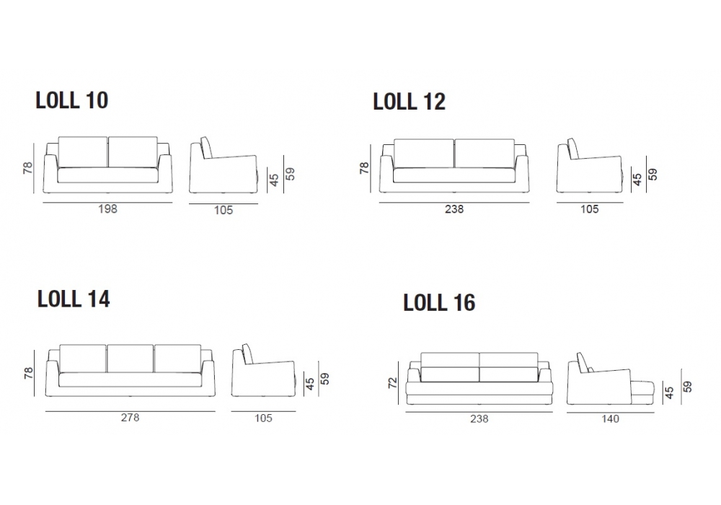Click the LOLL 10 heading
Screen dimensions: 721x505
click(x=71, y=100)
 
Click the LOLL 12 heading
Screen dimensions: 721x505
click(x=410, y=102)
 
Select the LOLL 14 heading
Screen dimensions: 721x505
click(x=74, y=299)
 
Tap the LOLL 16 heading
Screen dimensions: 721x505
click(x=439, y=302)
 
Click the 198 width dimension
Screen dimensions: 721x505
click(x=107, y=208)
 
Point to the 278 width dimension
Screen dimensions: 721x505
click(x=130, y=418)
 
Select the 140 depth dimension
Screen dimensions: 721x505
click(x=610, y=419)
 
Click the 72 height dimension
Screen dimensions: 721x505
click(x=392, y=382)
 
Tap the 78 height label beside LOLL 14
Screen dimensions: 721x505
click(x=28, y=373)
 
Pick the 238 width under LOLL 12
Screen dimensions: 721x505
click(x=454, y=209)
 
